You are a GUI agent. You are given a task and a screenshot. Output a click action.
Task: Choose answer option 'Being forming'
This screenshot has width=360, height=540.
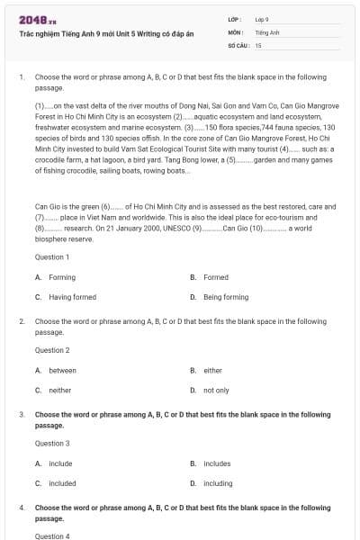click(226, 297)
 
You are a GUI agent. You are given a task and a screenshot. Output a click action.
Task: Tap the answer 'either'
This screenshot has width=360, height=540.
click(212, 370)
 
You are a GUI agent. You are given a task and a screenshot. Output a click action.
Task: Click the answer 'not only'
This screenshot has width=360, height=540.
click(216, 390)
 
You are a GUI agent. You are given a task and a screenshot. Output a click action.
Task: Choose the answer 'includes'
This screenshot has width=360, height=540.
click(217, 463)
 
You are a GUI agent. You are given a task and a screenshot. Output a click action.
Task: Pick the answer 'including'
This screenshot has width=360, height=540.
click(218, 483)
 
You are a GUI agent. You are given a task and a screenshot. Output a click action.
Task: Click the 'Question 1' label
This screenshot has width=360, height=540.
click(51, 256)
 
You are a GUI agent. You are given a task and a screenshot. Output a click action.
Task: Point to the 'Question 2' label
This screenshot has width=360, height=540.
click(51, 350)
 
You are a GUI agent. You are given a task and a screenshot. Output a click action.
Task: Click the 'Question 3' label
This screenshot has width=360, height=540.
click(51, 444)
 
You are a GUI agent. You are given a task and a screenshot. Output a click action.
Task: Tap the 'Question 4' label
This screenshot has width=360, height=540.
click(51, 536)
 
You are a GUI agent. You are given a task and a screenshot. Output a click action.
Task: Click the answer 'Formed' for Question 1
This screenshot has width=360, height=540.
click(216, 277)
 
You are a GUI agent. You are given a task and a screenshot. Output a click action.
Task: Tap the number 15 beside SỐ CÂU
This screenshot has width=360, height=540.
click(258, 44)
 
